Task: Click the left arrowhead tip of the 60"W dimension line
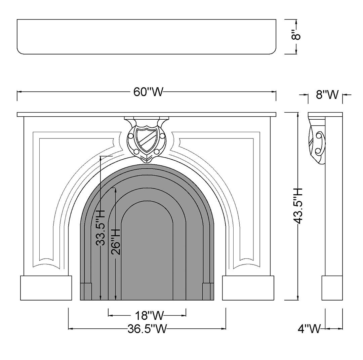point(17,92)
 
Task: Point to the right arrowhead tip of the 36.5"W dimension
point(226,328)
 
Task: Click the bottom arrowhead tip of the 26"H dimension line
point(116,300)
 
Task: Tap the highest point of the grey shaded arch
point(147,164)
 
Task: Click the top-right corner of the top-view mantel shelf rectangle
point(276,19)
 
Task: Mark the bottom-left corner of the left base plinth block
point(21,300)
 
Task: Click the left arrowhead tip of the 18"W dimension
point(108,315)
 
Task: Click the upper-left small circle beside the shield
point(130,136)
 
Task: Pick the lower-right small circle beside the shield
point(157,152)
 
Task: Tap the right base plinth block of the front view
point(248,288)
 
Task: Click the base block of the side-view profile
point(332,288)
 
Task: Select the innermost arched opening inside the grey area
point(147,250)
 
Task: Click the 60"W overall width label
point(149,92)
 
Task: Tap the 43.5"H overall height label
point(298,206)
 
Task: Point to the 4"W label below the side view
point(309,328)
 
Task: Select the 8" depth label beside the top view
point(296,37)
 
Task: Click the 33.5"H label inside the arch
point(100,228)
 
